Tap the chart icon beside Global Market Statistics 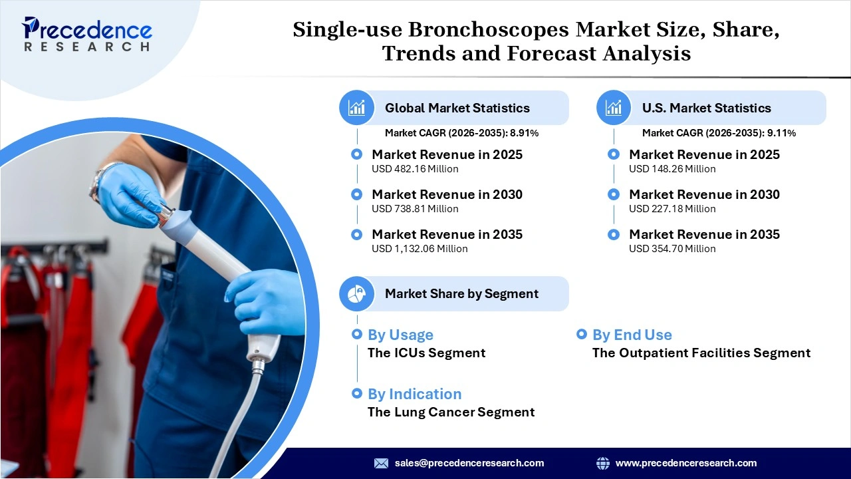357,108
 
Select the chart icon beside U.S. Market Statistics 614,108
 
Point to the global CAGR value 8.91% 524,133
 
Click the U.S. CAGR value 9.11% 781,133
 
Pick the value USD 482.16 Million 415,169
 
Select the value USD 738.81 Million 415,209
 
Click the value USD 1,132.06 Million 420,249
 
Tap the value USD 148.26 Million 672,169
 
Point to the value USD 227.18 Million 672,209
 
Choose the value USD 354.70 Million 672,249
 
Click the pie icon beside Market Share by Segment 357,293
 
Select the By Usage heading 400,335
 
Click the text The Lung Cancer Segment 451,412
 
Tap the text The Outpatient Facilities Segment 701,353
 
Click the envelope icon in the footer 381,463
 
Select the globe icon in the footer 603,463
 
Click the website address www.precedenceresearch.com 686,463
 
